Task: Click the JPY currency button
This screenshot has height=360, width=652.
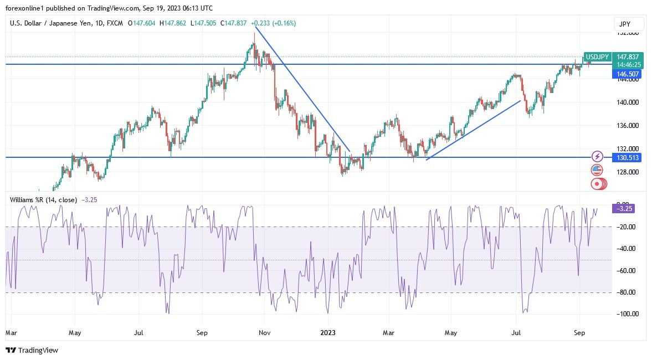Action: (629, 24)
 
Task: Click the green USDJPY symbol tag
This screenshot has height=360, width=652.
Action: (598, 57)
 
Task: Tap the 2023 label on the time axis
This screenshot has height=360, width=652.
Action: (328, 333)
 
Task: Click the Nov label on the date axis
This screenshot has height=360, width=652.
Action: (264, 333)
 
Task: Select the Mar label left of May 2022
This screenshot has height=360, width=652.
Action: (11, 333)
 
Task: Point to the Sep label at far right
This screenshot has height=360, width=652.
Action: (579, 333)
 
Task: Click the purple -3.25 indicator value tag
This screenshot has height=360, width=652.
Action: (623, 208)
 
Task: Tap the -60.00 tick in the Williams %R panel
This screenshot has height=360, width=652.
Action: (624, 270)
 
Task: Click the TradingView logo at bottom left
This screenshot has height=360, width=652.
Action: (32, 350)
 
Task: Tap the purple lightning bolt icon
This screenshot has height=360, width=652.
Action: (597, 157)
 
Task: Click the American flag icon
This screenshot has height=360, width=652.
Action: (597, 170)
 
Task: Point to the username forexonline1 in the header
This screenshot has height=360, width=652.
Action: (28, 7)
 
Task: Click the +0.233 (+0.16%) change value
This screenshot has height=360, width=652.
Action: (273, 23)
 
